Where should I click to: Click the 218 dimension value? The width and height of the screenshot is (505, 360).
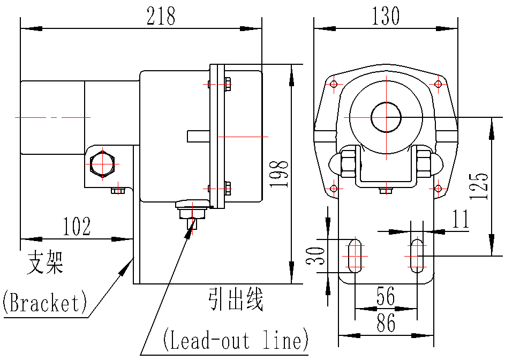pos(161,16)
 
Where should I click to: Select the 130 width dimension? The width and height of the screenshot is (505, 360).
pos(386,16)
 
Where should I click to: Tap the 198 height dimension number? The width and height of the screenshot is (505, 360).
pos(279,174)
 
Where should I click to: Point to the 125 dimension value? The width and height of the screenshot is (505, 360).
pos(479,186)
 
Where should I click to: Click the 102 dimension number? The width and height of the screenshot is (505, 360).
pos(77,226)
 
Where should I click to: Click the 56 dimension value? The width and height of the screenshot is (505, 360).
pos(386,296)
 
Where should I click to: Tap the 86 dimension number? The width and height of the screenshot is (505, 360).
pos(386,323)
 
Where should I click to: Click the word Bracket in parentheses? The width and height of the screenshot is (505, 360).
pos(44,302)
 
